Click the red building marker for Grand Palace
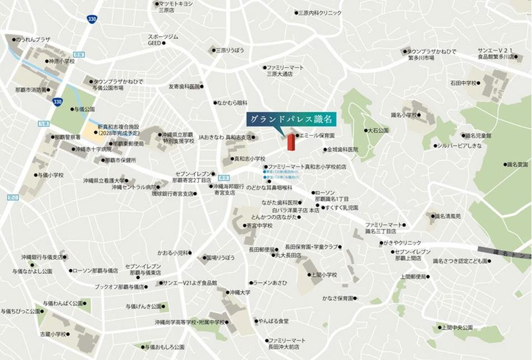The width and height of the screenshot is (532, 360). click(x=291, y=142)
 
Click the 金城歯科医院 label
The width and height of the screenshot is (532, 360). click(x=343, y=150)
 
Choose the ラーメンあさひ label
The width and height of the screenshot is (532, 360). click(x=272, y=283)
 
